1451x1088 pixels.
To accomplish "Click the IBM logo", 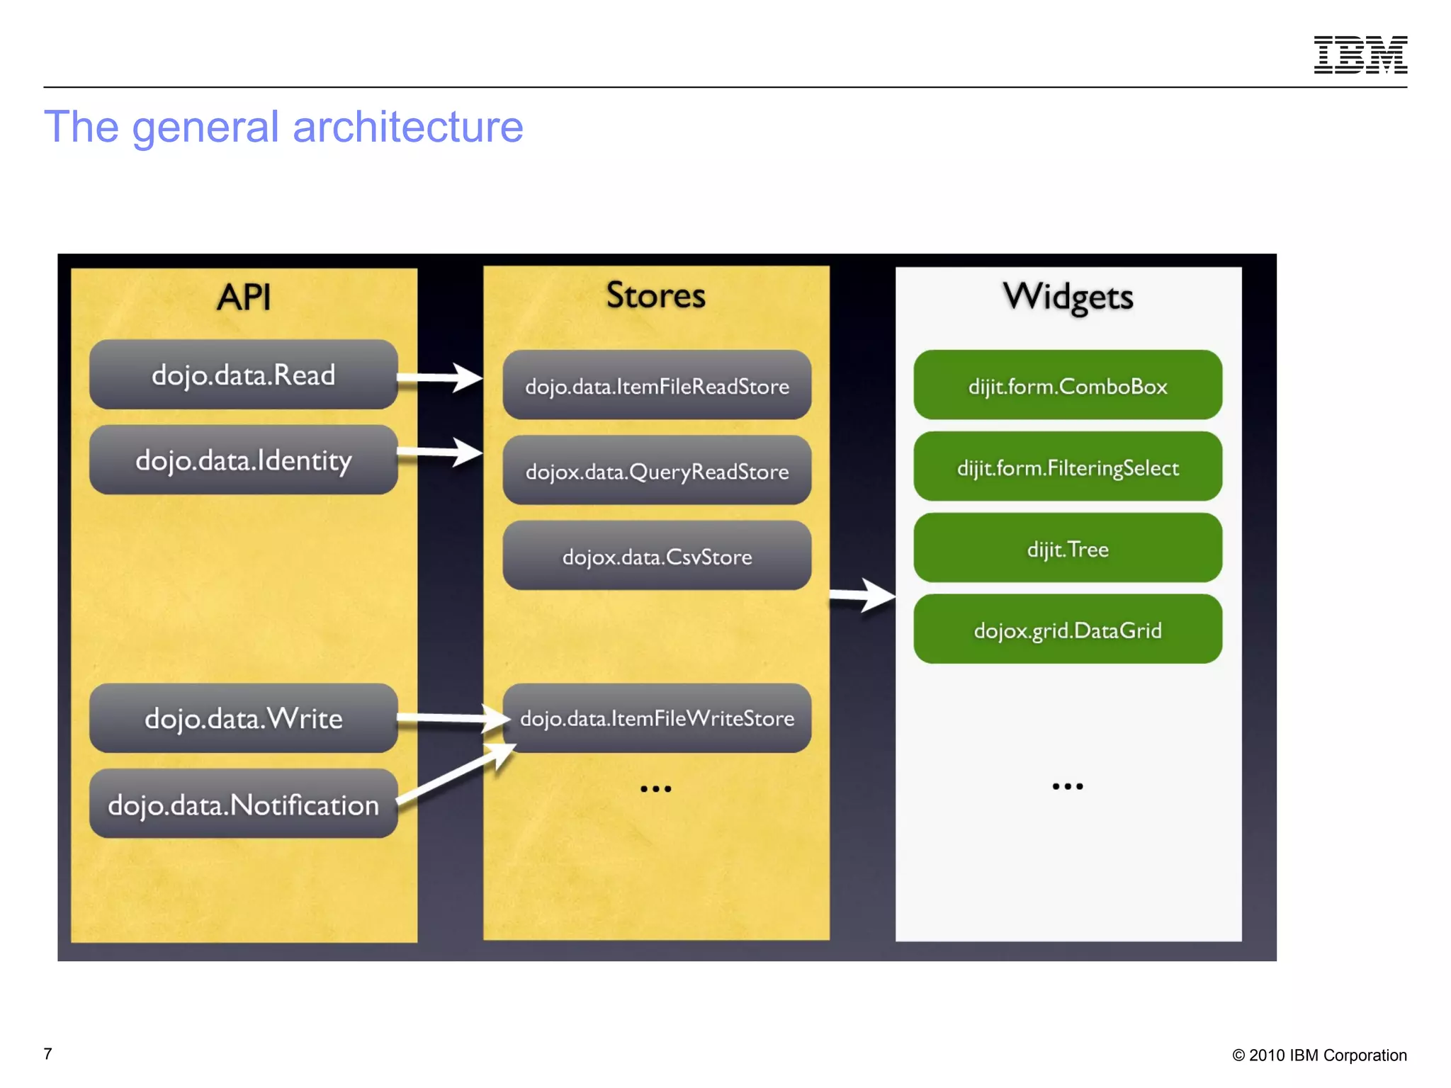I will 1360,55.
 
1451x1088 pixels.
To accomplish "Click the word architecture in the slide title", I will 407,127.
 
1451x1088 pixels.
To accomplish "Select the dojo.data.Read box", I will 243,375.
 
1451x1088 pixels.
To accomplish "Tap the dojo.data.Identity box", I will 243,460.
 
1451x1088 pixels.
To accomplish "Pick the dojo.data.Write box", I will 243,718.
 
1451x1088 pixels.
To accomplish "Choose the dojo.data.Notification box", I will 243,805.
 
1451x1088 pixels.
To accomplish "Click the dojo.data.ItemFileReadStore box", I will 657,386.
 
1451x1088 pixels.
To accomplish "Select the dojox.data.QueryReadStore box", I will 657,471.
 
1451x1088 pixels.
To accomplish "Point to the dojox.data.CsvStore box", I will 657,557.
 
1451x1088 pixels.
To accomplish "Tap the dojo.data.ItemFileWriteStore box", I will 657,718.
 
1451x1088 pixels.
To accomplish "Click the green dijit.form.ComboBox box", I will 1067,386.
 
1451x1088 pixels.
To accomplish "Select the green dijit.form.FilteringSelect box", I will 1067,467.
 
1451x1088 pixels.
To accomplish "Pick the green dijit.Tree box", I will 1067,549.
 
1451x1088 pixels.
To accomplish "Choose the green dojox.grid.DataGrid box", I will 1067,630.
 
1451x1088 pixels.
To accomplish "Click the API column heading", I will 244,297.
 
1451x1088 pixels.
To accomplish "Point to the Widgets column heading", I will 1068,297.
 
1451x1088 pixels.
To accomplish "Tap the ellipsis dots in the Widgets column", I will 1067,786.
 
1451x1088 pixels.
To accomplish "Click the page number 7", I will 47,1054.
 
